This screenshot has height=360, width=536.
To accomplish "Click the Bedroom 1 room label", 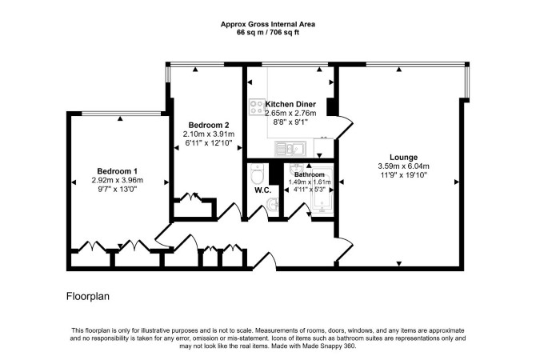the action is click(x=117, y=171).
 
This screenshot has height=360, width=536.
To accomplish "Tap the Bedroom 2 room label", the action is click(x=209, y=125).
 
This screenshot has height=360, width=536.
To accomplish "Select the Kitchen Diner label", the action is click(x=290, y=104).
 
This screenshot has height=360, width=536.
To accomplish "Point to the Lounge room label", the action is click(x=404, y=158).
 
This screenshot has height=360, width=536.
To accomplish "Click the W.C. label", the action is click(x=263, y=190).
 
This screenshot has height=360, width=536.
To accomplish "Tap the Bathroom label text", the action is click(x=310, y=174).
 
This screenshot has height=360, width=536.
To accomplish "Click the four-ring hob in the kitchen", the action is click(x=257, y=107).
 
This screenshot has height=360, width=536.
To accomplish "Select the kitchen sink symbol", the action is click(x=291, y=148).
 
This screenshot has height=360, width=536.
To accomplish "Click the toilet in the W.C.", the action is click(x=256, y=174).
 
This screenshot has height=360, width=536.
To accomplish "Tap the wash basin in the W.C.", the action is click(x=273, y=206).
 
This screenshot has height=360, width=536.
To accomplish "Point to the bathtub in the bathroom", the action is click(x=322, y=190).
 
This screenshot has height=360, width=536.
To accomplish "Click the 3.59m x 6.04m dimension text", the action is click(x=403, y=166).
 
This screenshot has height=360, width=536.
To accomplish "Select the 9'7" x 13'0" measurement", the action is click(x=117, y=189).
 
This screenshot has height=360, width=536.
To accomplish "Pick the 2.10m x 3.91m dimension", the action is click(x=209, y=134).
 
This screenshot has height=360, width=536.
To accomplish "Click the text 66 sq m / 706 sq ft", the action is click(x=268, y=33).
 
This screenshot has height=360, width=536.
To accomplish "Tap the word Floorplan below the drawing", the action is click(x=88, y=296).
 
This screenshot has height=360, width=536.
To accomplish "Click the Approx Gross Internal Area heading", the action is click(x=268, y=24).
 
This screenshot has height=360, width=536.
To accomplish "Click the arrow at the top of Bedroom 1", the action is click(x=120, y=118).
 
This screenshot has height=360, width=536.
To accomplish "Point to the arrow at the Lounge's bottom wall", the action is click(x=398, y=263).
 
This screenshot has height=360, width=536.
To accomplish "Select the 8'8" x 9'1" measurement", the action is click(x=290, y=122).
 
